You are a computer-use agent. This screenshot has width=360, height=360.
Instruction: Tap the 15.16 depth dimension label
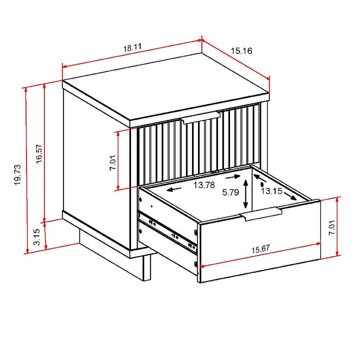click(241, 51)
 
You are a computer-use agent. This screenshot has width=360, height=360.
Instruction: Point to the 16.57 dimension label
click(39, 154)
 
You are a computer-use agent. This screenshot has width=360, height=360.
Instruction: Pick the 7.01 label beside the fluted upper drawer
click(113, 163)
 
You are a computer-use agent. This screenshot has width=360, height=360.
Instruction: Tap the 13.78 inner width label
click(204, 185)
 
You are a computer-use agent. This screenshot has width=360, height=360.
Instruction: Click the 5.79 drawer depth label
click(231, 193)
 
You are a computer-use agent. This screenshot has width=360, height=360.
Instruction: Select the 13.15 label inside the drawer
click(271, 191)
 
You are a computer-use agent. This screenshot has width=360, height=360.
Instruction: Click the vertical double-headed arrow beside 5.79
click(246, 194)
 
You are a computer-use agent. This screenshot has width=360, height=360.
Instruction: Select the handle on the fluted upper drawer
click(201, 118)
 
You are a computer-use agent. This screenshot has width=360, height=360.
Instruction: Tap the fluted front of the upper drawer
click(198, 148)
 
